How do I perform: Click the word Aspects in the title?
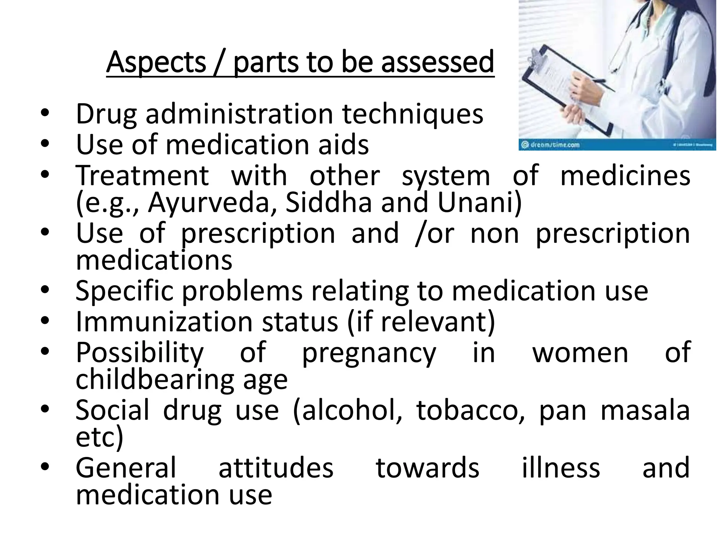coord(156,62)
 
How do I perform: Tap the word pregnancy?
coord(369,353)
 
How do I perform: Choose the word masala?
coord(645,411)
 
